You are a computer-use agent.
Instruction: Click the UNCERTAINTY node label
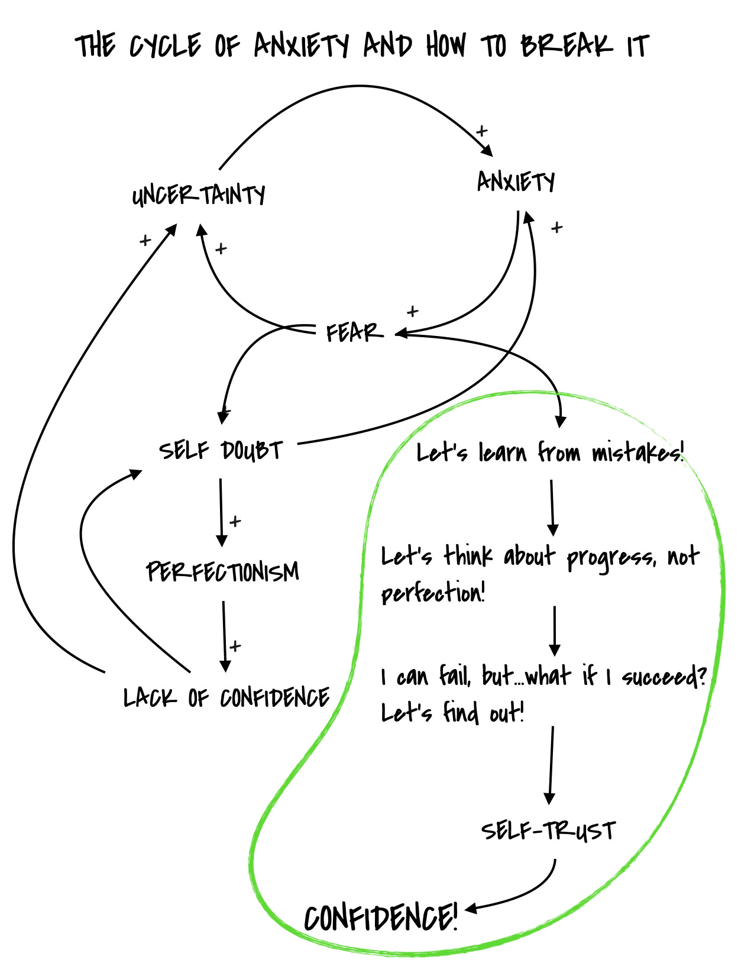coord(199,195)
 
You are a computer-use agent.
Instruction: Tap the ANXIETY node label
coord(516,181)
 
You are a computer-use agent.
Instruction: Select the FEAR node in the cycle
coord(354,332)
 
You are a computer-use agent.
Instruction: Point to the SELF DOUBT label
coord(221,451)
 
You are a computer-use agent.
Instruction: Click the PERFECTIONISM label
coord(222,572)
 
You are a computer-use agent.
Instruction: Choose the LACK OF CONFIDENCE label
coord(226,698)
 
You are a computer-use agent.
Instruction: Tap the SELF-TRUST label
coord(548,830)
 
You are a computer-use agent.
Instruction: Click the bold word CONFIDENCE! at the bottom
coord(381,918)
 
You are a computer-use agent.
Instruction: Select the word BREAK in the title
coord(566,46)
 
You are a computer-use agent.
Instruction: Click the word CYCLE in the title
coord(165,46)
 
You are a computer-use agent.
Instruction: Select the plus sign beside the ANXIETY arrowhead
coord(481,131)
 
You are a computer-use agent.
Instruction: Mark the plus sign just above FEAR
coord(412,311)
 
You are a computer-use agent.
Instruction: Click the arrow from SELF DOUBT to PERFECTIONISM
coord(221,512)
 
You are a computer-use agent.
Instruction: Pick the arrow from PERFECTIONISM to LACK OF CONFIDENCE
coord(224,636)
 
